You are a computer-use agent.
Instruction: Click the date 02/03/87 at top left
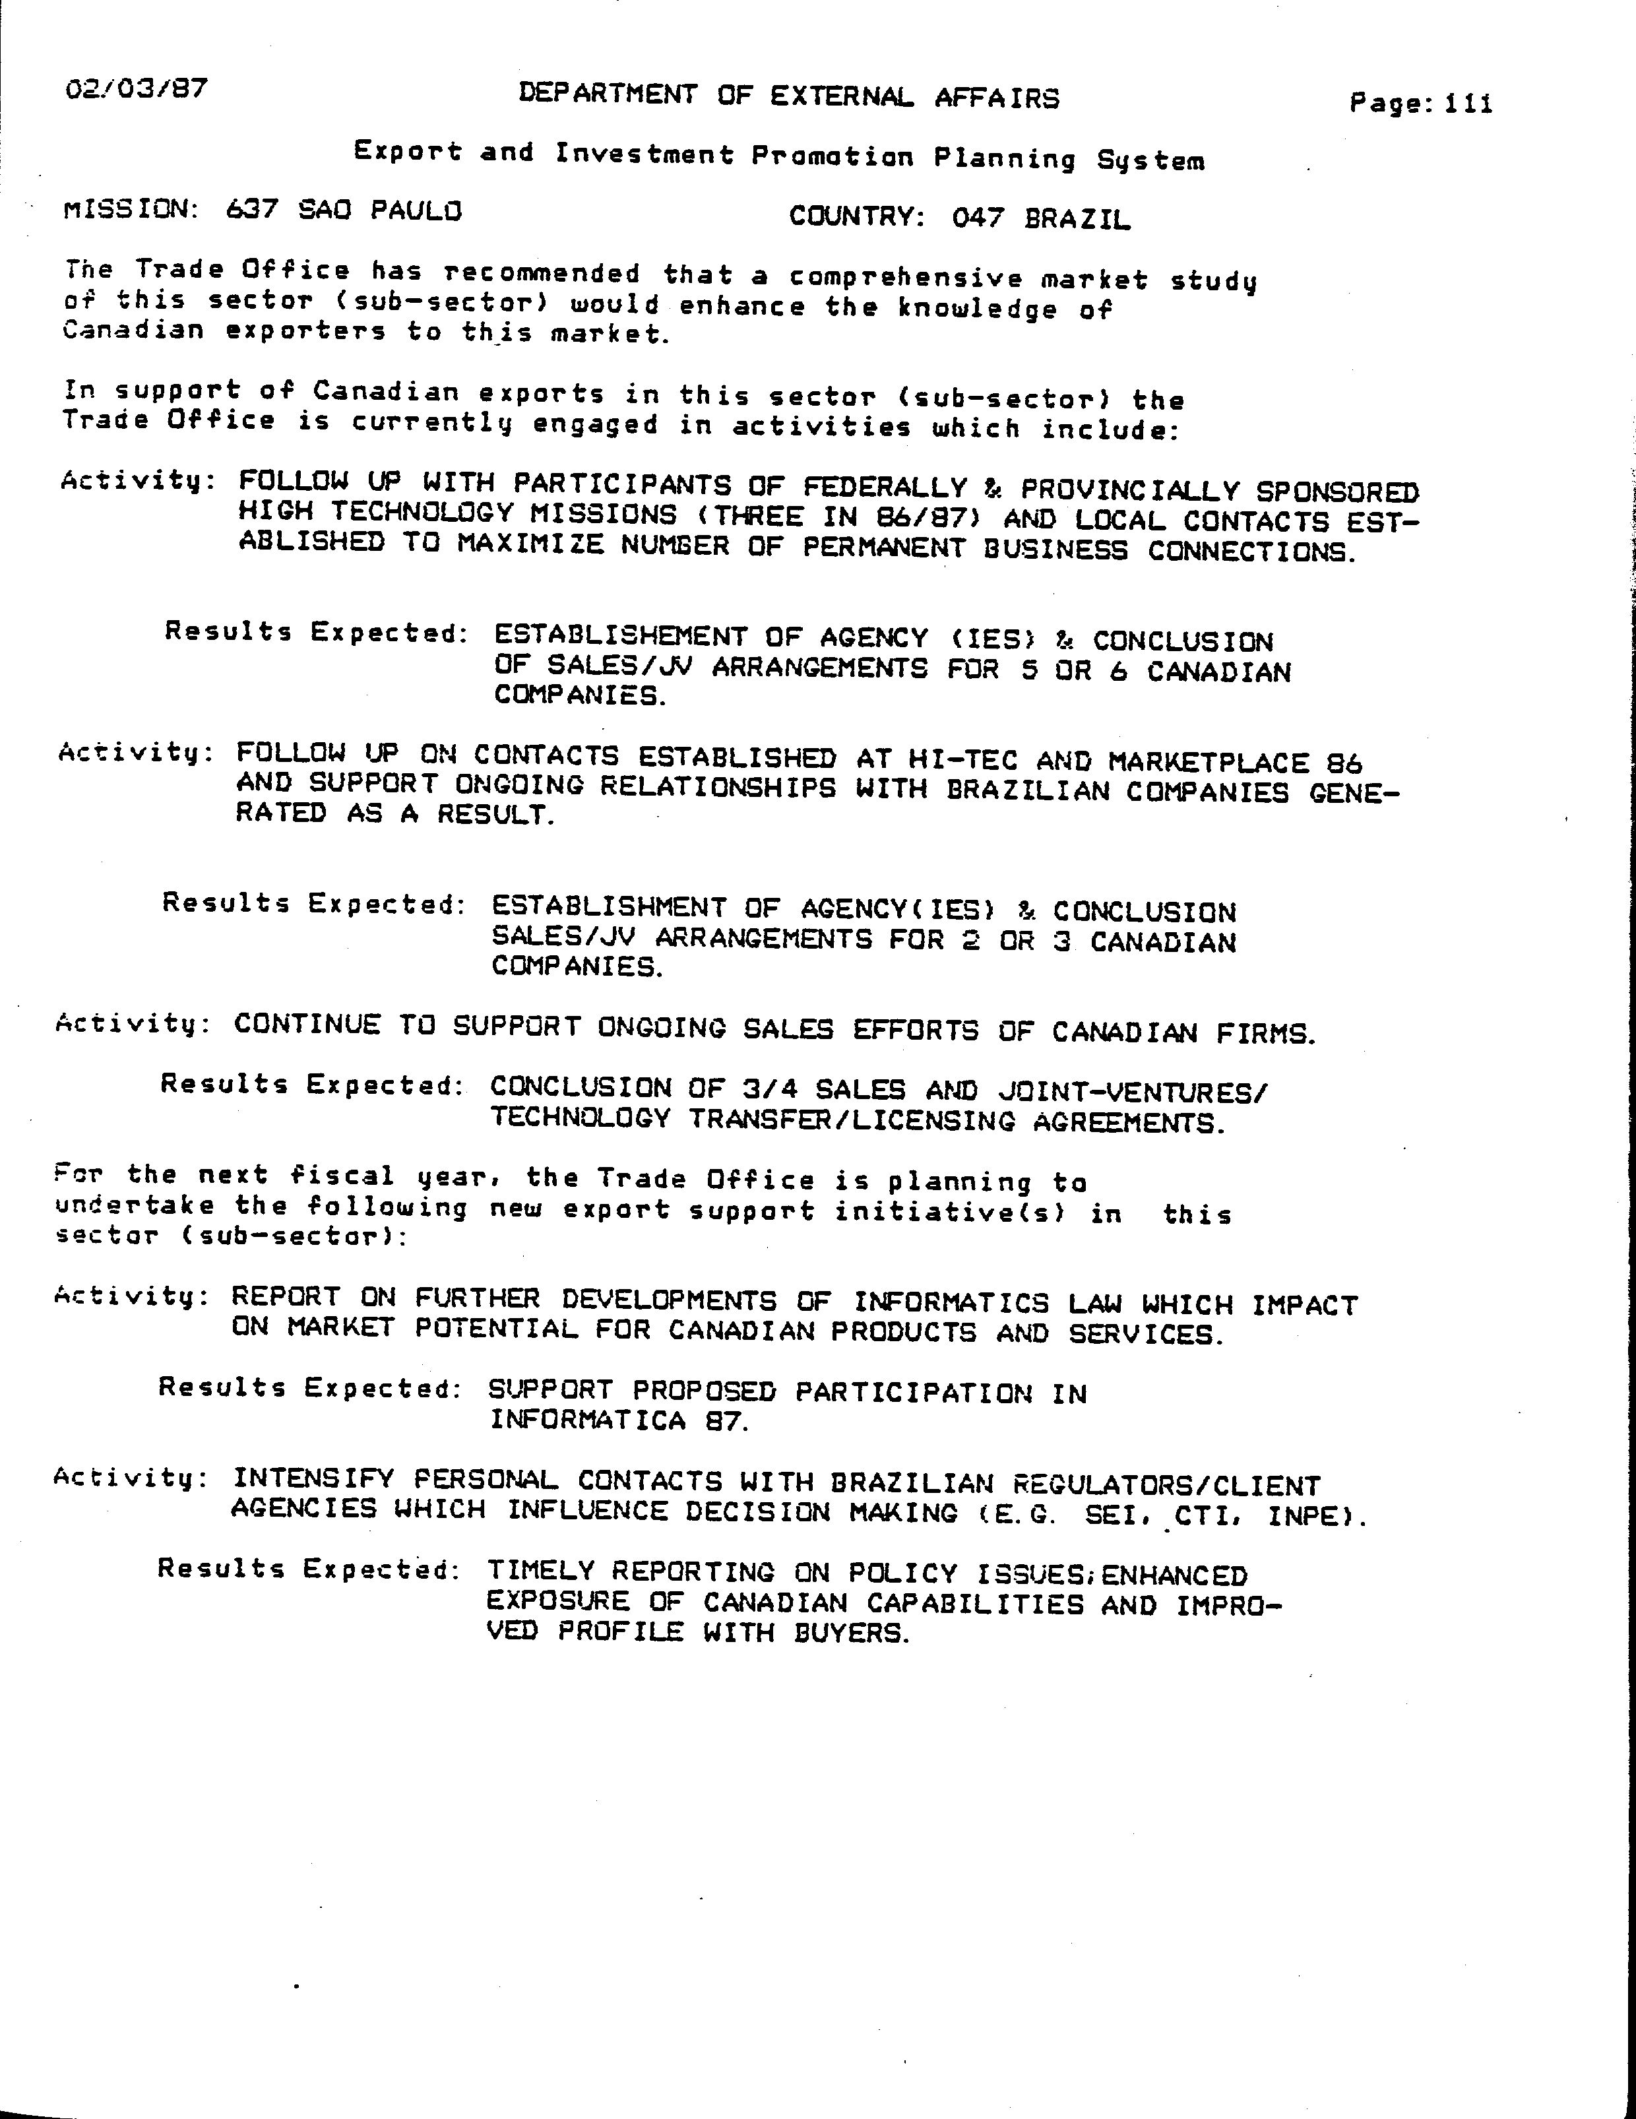click(x=136, y=89)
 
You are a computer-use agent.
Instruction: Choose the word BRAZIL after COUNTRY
click(x=1077, y=218)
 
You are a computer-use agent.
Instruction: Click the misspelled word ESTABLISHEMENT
click(x=620, y=637)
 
